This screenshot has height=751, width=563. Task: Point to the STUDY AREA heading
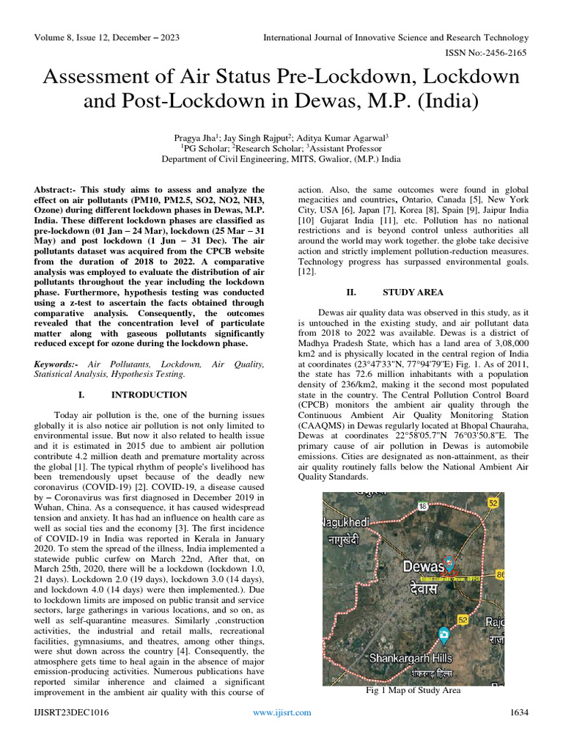pyautogui.click(x=413, y=292)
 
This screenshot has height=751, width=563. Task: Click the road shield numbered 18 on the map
pyautogui.click(x=423, y=505)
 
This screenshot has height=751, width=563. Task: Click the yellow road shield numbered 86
pyautogui.click(x=499, y=576)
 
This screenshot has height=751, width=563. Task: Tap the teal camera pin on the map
pyautogui.click(x=444, y=633)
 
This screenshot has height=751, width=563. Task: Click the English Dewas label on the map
pyautogui.click(x=424, y=566)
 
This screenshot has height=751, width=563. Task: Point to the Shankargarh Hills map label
pyautogui.click(x=411, y=657)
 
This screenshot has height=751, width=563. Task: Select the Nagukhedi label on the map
pyautogui.click(x=347, y=522)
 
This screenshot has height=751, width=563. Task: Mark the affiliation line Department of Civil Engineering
pyautogui.click(x=281, y=158)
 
